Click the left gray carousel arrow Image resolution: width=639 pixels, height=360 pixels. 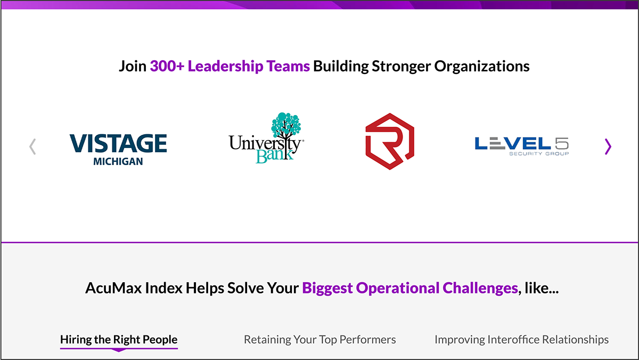[32, 146]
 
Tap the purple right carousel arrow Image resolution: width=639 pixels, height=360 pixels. [608, 146]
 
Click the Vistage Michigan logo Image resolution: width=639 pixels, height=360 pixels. [118, 150]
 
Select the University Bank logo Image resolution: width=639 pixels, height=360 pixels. [266, 138]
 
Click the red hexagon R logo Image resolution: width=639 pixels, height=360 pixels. [390, 141]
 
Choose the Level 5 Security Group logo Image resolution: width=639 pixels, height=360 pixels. [522, 146]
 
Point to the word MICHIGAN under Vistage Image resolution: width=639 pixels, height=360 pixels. [118, 161]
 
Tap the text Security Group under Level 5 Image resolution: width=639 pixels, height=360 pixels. [539, 153]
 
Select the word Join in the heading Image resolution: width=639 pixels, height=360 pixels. [133, 66]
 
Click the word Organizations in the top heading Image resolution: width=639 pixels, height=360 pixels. [482, 67]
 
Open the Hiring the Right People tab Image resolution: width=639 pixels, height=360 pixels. [119, 340]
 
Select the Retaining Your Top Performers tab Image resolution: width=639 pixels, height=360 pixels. [320, 340]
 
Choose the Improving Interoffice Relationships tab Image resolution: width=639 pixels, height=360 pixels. [521, 340]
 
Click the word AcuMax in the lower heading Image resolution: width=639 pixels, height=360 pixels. [113, 288]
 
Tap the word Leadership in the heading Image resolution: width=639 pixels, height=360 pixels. [225, 67]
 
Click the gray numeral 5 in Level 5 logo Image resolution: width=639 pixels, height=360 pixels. [562, 143]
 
